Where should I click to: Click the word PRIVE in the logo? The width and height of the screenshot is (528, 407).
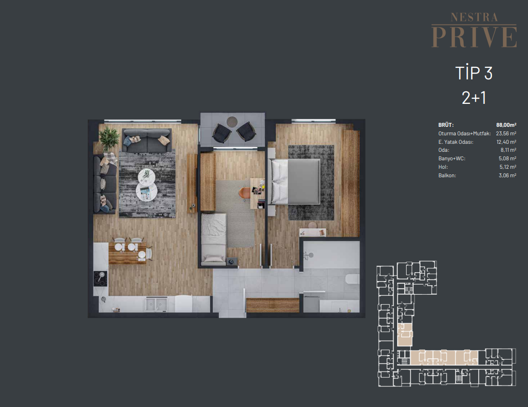coord(474,36)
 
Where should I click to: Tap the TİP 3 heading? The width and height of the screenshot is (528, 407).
coord(474,73)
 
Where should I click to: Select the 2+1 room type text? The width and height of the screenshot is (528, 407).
coord(474,98)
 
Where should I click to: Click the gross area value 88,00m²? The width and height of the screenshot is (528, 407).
coord(506,125)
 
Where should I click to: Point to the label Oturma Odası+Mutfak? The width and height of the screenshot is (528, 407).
coord(465,134)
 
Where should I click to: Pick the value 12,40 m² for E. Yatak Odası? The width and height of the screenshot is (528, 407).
coord(506,142)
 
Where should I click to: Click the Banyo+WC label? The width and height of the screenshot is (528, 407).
coord(452,159)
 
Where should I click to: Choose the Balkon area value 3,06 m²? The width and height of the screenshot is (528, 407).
coord(508,175)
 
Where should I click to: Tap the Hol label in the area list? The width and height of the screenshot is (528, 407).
coord(443,167)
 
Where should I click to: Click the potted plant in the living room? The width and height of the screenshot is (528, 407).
coord(109,138)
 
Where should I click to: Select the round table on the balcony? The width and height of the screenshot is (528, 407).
coord(232,121)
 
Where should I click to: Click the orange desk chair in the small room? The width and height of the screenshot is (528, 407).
coord(244,193)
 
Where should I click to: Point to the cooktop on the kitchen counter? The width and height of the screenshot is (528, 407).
coord(100,279)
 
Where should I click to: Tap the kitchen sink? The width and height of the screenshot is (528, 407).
coord(156,304)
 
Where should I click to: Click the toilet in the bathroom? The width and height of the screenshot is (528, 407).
coord(352,280)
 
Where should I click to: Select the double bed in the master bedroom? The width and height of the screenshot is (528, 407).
coord(294,182)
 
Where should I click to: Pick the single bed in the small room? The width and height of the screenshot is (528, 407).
coord(213,238)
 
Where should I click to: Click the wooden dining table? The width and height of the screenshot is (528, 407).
coord(127,253)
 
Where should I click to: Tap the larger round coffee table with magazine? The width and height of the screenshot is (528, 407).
coord(146,192)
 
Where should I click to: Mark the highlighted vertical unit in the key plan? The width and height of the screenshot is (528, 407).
coord(405,335)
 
